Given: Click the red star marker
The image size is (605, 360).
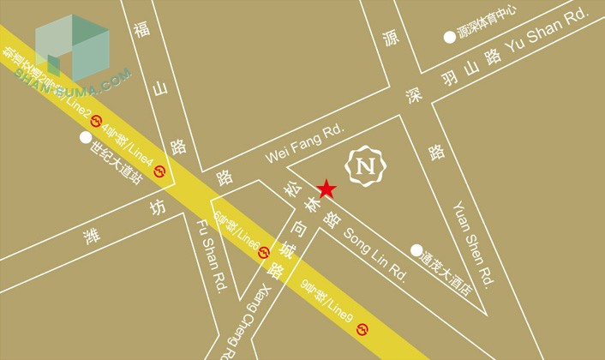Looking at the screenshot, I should click(x=326, y=189).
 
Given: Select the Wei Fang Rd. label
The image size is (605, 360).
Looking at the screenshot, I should click(x=303, y=143).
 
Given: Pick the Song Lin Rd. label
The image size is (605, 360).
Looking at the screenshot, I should click(x=375, y=249).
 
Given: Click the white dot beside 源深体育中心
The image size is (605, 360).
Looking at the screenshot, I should click(x=449, y=36).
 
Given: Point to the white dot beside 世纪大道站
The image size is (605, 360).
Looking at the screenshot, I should click(x=85, y=136).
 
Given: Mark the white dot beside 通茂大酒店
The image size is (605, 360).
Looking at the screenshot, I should click(x=416, y=249).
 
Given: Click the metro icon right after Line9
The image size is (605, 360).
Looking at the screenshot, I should click(x=365, y=328).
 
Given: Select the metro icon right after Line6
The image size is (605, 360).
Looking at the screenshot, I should click(x=264, y=252).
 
